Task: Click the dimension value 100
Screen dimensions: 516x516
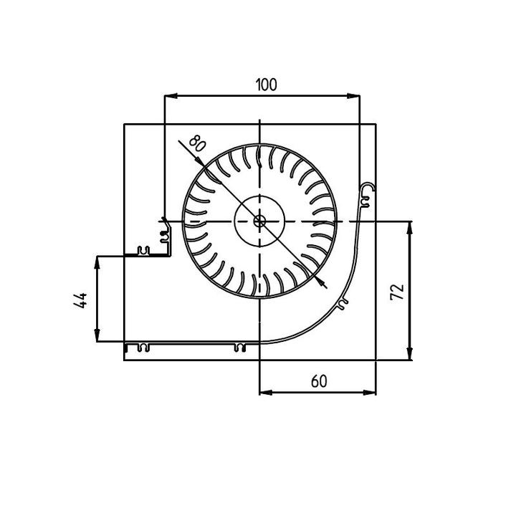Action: [266, 85]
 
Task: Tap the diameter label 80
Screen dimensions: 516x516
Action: [198, 144]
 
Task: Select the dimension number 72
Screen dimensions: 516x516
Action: [397, 292]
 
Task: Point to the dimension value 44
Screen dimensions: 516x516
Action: [80, 300]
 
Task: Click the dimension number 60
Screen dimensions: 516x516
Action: [319, 381]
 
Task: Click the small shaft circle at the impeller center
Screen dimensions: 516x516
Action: [259, 221]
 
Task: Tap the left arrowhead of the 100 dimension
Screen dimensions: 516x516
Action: [171, 96]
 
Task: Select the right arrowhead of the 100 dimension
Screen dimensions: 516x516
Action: [353, 96]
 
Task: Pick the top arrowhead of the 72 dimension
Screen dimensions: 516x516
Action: [410, 228]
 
